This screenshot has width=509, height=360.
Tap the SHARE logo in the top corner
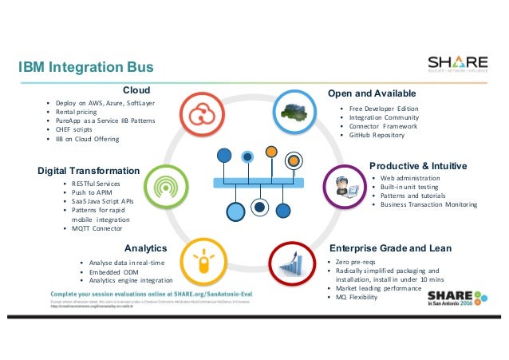457,65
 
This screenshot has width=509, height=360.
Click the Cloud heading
136,90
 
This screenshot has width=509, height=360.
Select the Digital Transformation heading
88,171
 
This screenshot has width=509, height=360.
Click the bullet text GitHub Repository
377,136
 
